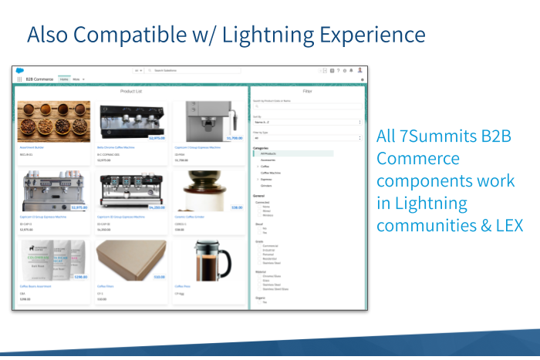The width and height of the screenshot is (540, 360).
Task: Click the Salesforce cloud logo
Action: [x=20, y=70]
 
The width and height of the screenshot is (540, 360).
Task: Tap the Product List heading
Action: [x=130, y=91]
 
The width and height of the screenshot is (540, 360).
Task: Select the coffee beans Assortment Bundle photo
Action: [x=53, y=122]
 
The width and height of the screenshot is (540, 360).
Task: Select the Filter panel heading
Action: [x=307, y=91]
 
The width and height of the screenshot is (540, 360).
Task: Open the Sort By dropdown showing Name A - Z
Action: [x=307, y=122]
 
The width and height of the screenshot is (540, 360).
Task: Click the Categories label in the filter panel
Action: [x=261, y=147]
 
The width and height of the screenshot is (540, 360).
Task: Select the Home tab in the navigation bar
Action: [x=64, y=79]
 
